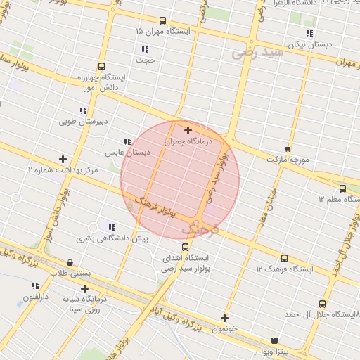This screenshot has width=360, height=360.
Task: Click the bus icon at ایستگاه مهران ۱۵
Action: pyautogui.click(x=163, y=20)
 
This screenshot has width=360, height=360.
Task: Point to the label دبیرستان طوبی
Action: pyautogui.click(x=84, y=121)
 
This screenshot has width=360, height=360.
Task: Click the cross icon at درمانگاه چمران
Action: pyautogui.click(x=188, y=130)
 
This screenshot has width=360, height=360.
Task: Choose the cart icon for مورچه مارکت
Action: pyautogui.click(x=288, y=148)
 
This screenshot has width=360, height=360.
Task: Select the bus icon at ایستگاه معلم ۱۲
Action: pyautogui.click(x=342, y=188)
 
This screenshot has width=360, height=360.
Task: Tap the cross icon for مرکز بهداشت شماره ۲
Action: pyautogui.click(x=63, y=159)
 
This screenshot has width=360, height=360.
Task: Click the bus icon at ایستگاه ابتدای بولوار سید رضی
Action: pyautogui.click(x=185, y=247)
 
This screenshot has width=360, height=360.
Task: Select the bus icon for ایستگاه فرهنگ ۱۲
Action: pyautogui.click(x=284, y=258)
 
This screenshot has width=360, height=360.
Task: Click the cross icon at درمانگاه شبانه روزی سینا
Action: pyautogui.click(x=85, y=288)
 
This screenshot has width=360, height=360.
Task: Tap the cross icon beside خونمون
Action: pyautogui.click(x=225, y=318)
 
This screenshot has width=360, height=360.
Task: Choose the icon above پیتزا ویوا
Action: pyautogui.click(x=274, y=340)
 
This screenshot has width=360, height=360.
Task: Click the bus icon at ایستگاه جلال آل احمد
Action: pyautogui.click(x=322, y=304)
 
